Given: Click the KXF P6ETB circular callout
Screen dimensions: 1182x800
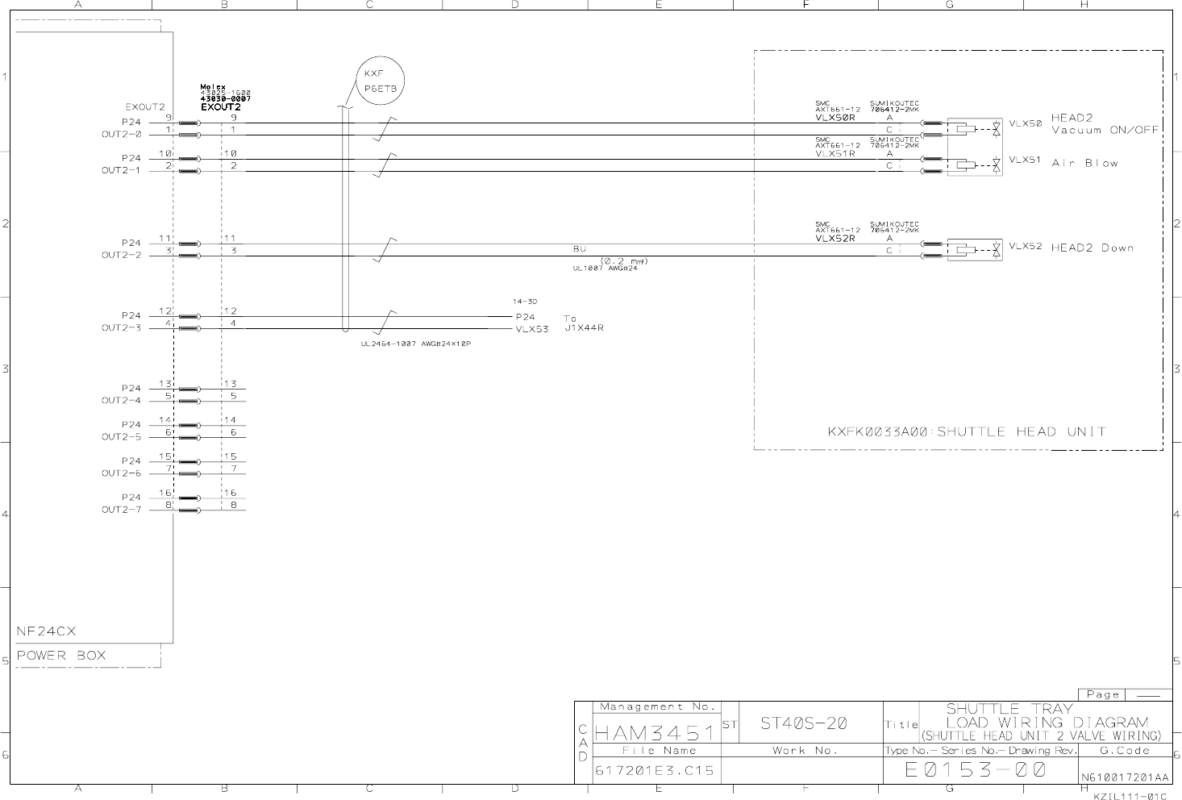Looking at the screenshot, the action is pos(379,81).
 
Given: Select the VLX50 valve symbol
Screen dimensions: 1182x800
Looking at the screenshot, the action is pos(975,129).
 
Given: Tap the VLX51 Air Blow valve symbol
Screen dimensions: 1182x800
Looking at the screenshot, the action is pos(975,165).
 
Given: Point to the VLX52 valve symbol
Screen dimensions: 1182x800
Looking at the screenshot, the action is pos(975,250).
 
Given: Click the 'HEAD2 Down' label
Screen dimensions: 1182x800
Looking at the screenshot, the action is pos(1092,248).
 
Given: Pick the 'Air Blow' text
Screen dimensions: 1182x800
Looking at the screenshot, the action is pos(1084,163).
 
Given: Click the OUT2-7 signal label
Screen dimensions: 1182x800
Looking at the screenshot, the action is pos(121,510).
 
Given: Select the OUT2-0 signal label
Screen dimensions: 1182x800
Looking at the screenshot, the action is pos(121,135).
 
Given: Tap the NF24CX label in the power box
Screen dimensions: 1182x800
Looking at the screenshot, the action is pos(47,631).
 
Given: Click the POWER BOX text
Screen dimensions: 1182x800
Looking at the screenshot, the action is pos(61,656).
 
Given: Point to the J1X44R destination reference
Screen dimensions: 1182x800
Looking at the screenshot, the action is pos(585,328).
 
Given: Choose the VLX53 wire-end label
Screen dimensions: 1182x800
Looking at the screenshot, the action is pos(532,329).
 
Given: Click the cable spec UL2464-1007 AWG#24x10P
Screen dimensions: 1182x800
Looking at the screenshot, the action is pos(415,344).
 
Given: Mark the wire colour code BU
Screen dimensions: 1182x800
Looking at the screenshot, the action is pos(579,249).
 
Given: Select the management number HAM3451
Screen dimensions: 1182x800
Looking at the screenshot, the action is pos(654,733).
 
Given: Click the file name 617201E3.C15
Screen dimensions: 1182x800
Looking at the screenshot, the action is pos(654,770).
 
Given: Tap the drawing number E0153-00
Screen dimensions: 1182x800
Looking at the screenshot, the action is pos(975,770).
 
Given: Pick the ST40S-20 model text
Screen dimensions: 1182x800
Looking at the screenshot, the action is pos(804,723).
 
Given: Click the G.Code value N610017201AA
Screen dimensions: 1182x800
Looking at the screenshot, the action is pos(1125,777).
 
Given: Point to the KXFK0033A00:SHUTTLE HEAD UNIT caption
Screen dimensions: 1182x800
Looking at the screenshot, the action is pos(966,431).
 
